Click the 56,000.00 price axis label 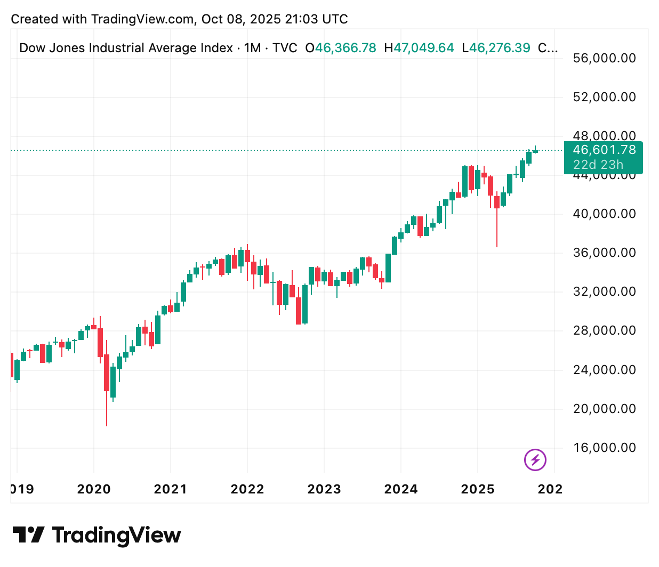pos(604,58)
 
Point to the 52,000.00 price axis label pos(604,97)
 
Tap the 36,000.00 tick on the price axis pos(604,253)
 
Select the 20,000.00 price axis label pos(604,409)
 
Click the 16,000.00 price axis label pos(604,448)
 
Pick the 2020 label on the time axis pos(94,489)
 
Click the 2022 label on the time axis pos(247,489)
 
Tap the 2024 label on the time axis pos(401,489)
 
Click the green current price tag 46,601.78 pos(604,150)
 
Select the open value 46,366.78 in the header pos(345,48)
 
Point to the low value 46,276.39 pos(500,48)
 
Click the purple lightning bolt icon pos(535,459)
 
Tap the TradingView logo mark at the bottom pos(28,535)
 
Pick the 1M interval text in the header pos(252,48)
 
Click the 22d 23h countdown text pos(598,165)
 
